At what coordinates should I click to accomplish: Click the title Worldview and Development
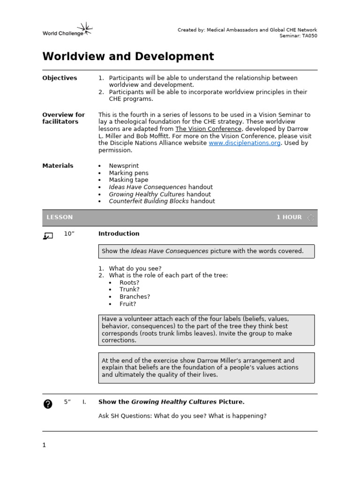(x=128, y=57)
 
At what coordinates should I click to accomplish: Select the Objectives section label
(x=60, y=78)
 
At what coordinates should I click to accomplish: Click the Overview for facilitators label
(x=63, y=118)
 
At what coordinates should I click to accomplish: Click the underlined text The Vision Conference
(x=209, y=129)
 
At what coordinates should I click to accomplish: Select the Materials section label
(x=58, y=165)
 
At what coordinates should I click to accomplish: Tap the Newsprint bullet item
(x=124, y=165)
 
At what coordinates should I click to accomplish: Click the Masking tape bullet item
(x=128, y=180)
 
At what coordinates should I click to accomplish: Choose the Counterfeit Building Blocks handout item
(x=162, y=201)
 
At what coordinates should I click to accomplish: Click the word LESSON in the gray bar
(x=60, y=217)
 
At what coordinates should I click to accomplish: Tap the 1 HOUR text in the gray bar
(x=289, y=217)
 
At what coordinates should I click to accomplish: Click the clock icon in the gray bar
(x=311, y=217)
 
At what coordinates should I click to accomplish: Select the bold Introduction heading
(x=119, y=233)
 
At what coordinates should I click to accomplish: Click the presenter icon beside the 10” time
(x=47, y=236)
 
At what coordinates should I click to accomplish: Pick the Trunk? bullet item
(x=129, y=290)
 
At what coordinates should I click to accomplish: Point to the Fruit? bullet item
(x=127, y=304)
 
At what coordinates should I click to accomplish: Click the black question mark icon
(x=47, y=404)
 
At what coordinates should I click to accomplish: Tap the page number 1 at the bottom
(x=44, y=445)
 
